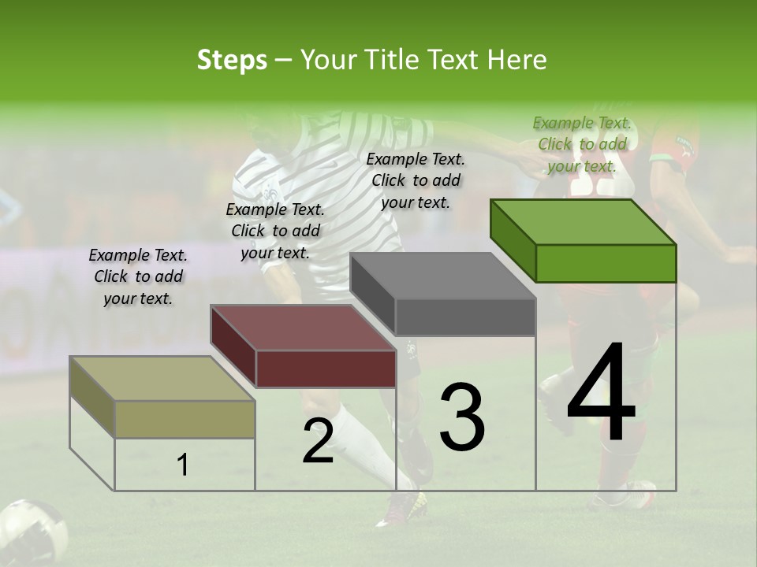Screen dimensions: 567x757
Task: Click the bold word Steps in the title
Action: pos(232,60)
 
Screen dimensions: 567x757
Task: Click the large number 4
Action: pos(601,394)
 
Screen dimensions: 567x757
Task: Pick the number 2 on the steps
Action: pos(318,441)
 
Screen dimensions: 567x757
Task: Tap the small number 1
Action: pos(183,465)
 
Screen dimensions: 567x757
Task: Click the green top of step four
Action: pos(583,221)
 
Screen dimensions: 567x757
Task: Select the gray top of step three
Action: pos(442,276)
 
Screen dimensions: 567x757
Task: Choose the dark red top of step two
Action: pos(303,328)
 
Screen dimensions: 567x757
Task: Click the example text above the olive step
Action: pos(138,276)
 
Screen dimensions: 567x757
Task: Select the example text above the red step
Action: pos(275,231)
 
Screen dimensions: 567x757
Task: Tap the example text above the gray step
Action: pos(416,180)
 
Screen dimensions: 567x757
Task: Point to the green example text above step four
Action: pos(582,144)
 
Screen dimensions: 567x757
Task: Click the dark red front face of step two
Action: pos(326,369)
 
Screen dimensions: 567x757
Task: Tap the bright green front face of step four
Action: pos(606,263)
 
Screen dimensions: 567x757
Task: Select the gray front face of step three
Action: pos(465,317)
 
